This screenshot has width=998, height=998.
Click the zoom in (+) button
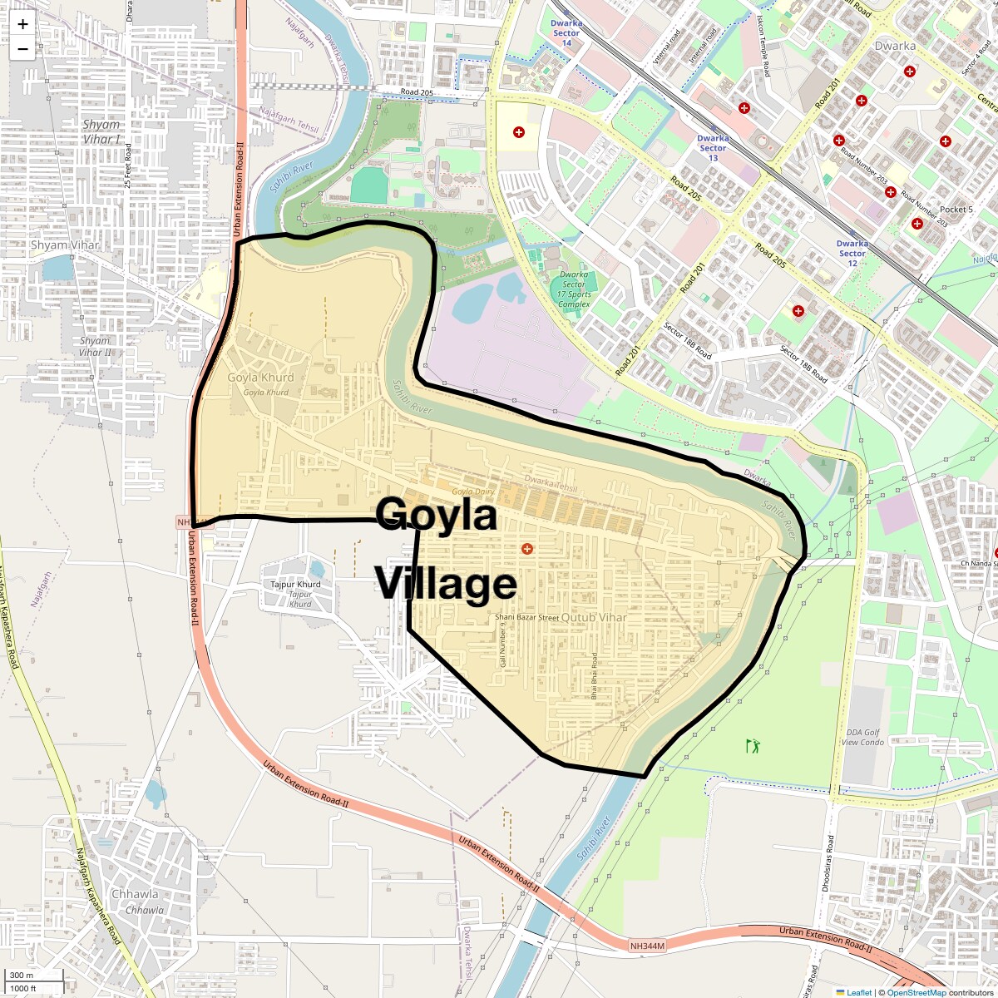pyautogui.click(x=22, y=24)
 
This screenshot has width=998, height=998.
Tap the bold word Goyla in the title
pyautogui.click(x=437, y=515)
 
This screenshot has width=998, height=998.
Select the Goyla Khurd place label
pyautogui.click(x=260, y=377)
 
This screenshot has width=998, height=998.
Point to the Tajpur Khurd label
pyautogui.click(x=295, y=585)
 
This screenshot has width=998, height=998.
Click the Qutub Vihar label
pyautogui.click(x=594, y=618)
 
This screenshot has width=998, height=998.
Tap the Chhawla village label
pyautogui.click(x=135, y=894)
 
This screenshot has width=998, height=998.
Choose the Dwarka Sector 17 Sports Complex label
pyautogui.click(x=574, y=289)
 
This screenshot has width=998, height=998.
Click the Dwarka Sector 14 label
pyautogui.click(x=566, y=33)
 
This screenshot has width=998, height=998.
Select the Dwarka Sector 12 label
pyautogui.click(x=852, y=254)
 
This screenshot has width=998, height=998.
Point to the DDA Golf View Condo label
pyautogui.click(x=862, y=738)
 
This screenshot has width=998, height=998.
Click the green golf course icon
pyautogui.click(x=753, y=746)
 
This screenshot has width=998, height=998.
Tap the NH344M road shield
pyautogui.click(x=647, y=946)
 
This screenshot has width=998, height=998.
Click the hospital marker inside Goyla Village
pyautogui.click(x=526, y=549)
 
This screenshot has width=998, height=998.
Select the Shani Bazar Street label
pyautogui.click(x=526, y=617)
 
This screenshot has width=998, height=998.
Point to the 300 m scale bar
pyautogui.click(x=33, y=976)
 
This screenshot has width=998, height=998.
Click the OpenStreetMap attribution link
pyautogui.click(x=916, y=992)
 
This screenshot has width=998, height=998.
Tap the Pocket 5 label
pyautogui.click(x=956, y=210)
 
